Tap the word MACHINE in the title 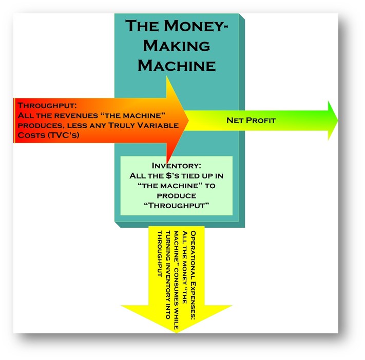176,65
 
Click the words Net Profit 251,121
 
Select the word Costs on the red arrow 30,135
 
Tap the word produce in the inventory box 176,195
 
